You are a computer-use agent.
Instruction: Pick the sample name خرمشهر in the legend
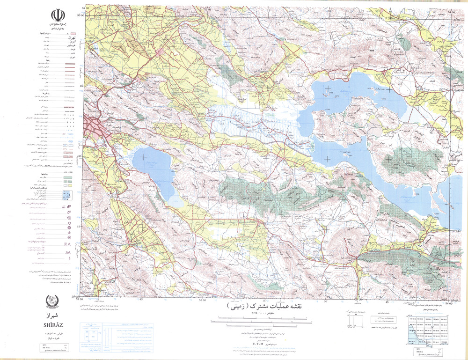56,46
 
